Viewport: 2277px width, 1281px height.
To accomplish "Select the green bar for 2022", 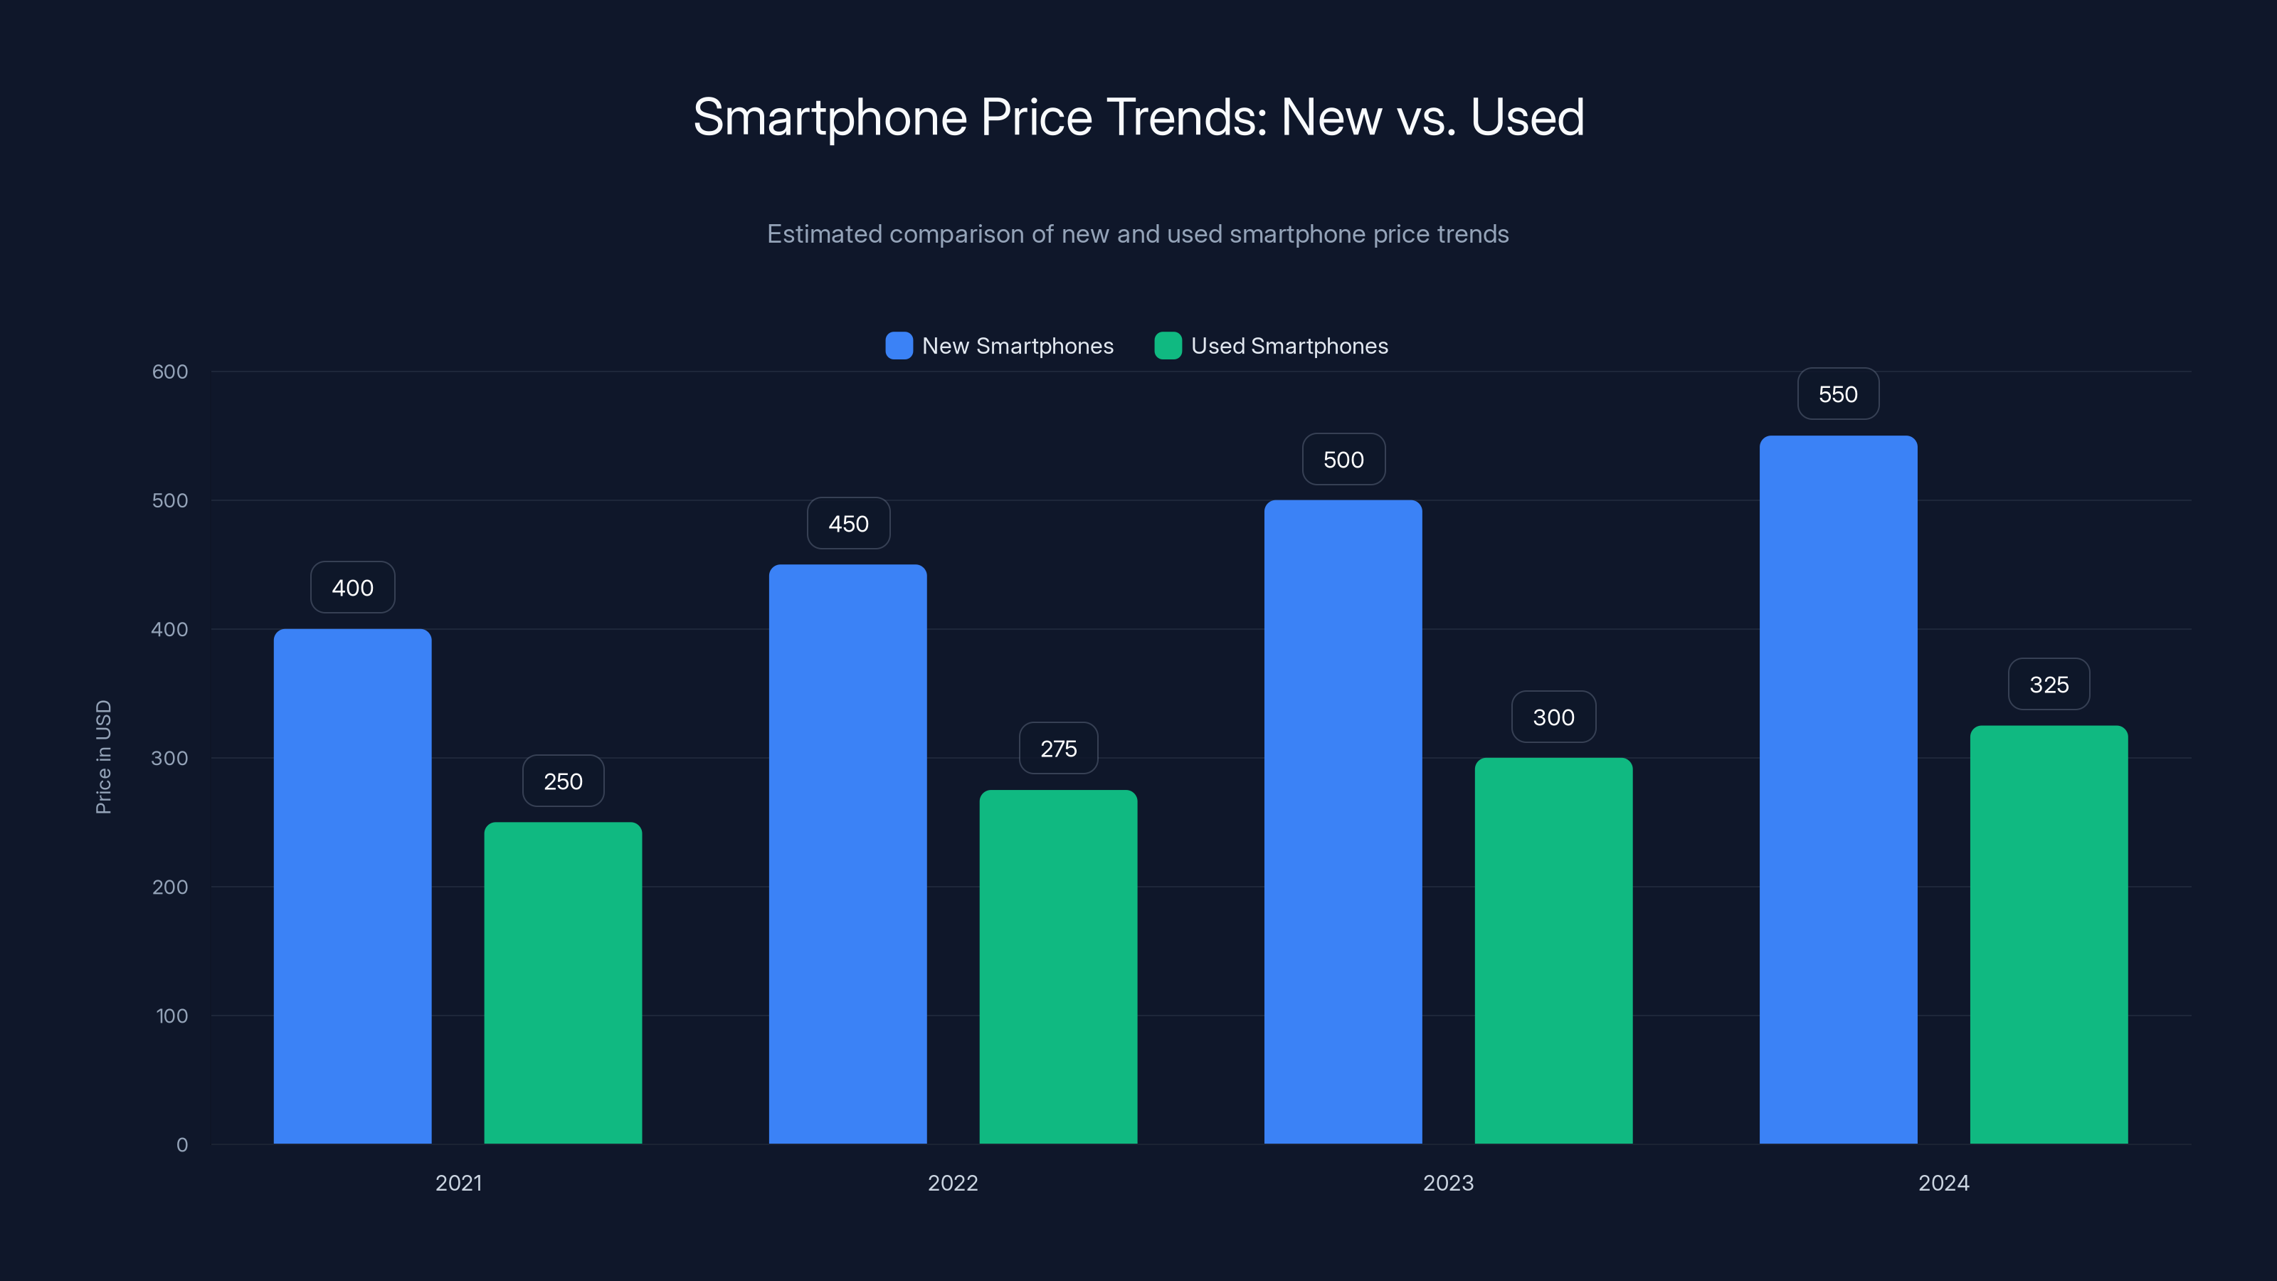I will tap(1058, 966).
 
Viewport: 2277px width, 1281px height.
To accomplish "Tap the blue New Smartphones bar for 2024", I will tap(1838, 789).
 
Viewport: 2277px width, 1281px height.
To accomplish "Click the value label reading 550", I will tap(1838, 394).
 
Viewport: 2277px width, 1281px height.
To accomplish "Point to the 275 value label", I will tap(1058, 749).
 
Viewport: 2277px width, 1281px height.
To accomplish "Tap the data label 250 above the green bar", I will tap(563, 781).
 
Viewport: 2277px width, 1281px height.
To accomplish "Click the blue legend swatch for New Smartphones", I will tap(898, 346).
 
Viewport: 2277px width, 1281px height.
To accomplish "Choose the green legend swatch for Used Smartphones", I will tap(1168, 346).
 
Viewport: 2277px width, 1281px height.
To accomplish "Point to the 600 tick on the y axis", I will tap(170, 372).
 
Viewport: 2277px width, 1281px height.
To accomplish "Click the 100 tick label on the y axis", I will tap(171, 1016).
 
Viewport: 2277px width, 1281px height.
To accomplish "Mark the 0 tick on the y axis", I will tap(182, 1145).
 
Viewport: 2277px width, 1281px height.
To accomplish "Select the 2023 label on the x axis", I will tap(1448, 1183).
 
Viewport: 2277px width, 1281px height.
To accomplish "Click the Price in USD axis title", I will tap(103, 757).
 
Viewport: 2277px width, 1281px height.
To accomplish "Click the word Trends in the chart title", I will tap(1186, 117).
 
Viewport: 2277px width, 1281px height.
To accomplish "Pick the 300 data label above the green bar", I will tap(1553, 717).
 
